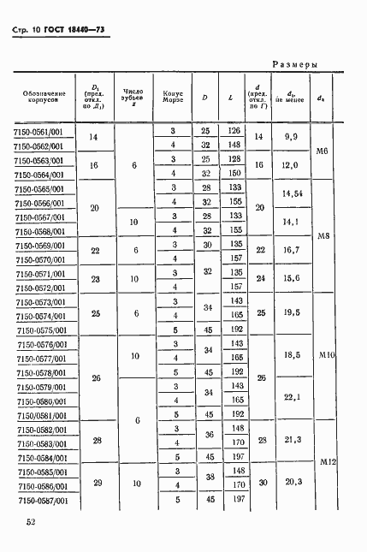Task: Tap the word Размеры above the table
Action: point(295,64)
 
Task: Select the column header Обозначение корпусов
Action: point(39,96)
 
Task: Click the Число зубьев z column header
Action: point(133,96)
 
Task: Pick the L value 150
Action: point(233,173)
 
